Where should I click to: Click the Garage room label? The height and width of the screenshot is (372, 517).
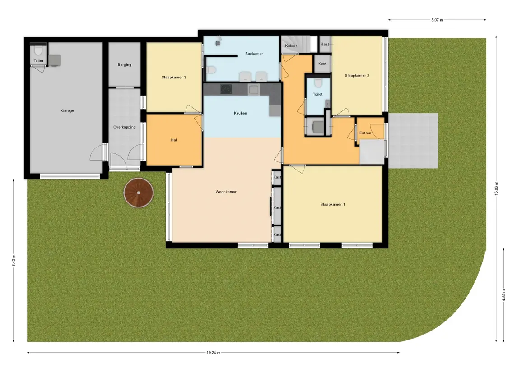(x=68, y=110)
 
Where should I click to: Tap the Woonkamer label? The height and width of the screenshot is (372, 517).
(x=226, y=192)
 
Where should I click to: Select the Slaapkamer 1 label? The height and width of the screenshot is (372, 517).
(x=332, y=204)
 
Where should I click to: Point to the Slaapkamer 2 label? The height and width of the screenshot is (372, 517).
(x=357, y=75)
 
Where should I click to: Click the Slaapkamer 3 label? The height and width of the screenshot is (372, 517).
(x=174, y=78)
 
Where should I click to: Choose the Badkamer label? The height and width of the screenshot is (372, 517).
(x=254, y=53)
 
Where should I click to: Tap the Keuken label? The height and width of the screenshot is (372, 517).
(x=240, y=113)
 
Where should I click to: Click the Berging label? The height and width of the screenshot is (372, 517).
(x=124, y=64)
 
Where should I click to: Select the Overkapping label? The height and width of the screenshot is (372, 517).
(x=124, y=127)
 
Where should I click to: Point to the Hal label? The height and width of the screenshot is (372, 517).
(x=174, y=140)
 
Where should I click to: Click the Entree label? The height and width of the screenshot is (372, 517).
(x=365, y=133)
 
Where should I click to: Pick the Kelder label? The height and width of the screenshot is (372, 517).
(x=291, y=46)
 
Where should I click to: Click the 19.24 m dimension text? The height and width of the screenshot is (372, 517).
(x=213, y=353)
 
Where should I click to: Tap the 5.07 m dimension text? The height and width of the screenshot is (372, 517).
(x=437, y=20)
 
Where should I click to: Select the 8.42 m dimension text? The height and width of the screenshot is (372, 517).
(x=14, y=261)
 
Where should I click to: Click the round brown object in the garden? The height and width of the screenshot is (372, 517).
(x=139, y=193)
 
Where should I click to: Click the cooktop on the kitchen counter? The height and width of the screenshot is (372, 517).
(x=226, y=89)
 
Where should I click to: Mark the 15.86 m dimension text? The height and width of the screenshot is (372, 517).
(x=496, y=188)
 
